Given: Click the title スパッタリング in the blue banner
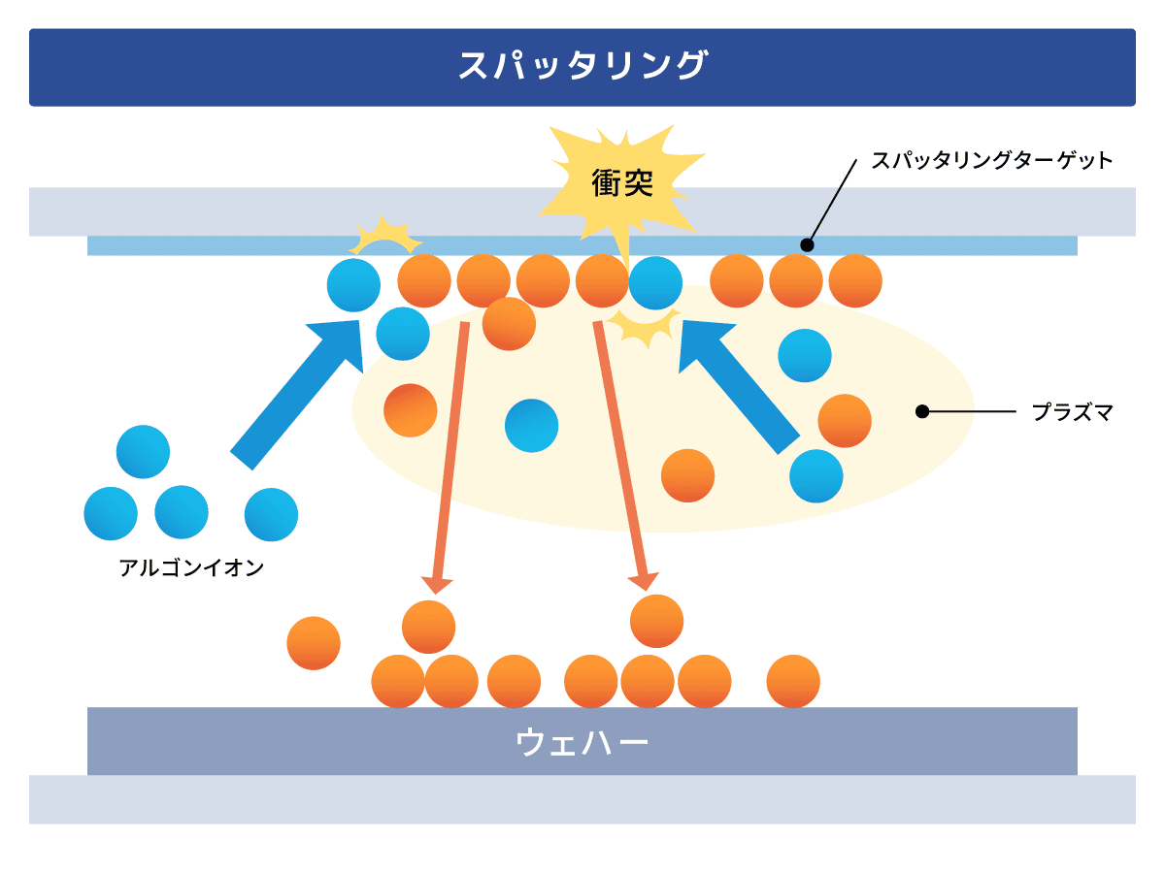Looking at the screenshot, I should point(582,67).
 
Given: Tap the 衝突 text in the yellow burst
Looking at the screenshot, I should point(622,182).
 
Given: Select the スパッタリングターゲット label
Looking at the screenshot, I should point(991,161).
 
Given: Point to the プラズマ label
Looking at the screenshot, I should point(1072,412).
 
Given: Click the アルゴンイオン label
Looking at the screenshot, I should point(191,568).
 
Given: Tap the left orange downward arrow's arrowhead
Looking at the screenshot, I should point(437,583).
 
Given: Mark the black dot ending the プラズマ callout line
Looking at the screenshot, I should point(922,412).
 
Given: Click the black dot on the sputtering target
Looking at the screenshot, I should point(806,244).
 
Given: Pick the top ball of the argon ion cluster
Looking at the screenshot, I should point(143,451).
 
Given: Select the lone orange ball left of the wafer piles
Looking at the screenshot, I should point(314,643).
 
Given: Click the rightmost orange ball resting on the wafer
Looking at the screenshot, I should point(793,681).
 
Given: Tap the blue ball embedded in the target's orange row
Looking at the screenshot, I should point(655,282).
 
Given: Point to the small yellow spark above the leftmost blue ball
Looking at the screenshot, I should point(385,237).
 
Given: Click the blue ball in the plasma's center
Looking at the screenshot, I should point(531,426).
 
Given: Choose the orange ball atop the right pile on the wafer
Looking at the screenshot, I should point(656,621).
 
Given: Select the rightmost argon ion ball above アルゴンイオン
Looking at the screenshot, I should point(271,514).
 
